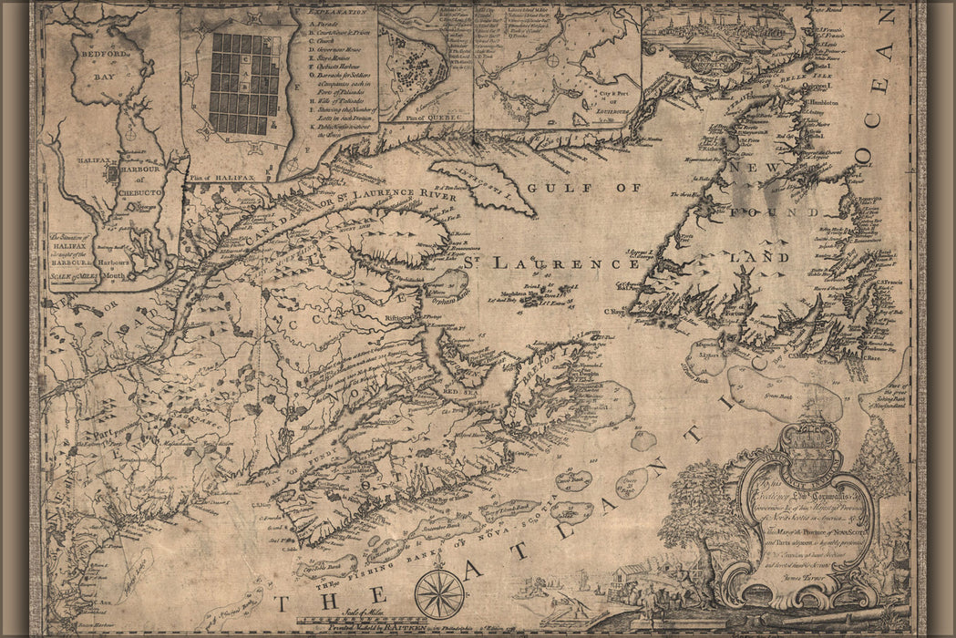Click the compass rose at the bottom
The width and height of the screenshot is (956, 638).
439,593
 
